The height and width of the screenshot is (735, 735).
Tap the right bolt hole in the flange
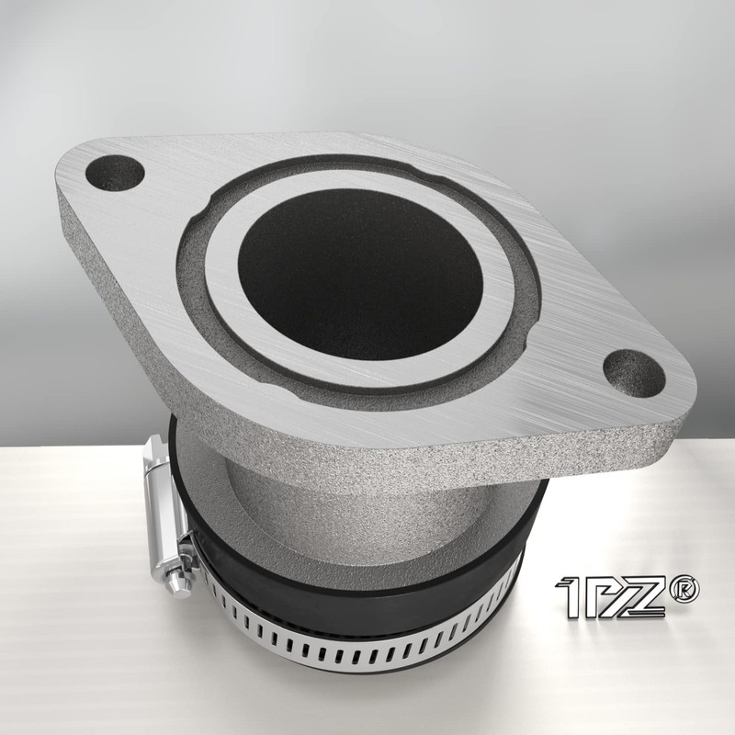(x=634, y=372)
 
